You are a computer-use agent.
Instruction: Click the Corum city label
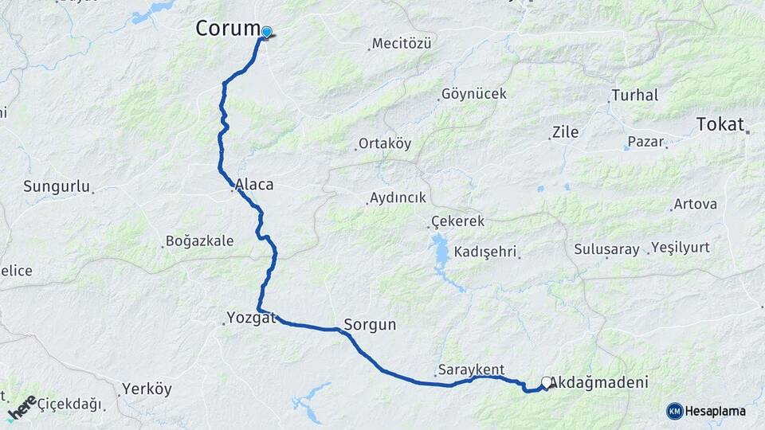pos(228,29)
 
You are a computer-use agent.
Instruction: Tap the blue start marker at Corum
pos(267,33)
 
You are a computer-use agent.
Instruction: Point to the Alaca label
pos(254,185)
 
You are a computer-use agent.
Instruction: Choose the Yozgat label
pos(252,318)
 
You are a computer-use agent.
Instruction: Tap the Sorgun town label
pos(370,325)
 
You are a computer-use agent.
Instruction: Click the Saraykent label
pos(471,369)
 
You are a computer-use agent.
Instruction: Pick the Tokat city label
pos(720,124)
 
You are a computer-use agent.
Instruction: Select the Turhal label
pos(634,96)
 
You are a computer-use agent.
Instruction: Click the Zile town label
pos(565,132)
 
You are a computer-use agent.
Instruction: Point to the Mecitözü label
pos(402,44)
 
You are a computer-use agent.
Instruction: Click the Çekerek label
pos(457,221)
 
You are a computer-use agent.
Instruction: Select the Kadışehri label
pos(486,252)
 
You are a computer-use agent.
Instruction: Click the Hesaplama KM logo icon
pos(675,411)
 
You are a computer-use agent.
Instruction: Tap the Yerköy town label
pos(147,389)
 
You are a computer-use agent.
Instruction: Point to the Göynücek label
pos(474,94)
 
